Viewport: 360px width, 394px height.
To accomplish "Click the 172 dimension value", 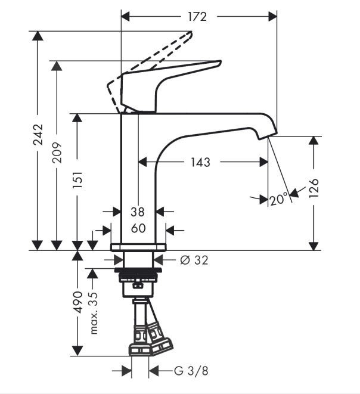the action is [197, 17].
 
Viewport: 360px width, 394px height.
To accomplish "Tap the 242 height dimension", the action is [38, 135].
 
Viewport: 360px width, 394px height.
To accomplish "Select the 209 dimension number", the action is [57, 152].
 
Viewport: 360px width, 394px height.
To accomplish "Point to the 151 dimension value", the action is [77, 180].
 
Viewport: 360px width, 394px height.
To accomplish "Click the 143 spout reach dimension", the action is [200, 162].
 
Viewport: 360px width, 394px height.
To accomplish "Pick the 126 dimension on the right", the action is [314, 188].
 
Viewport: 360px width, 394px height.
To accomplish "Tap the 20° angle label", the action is [278, 200].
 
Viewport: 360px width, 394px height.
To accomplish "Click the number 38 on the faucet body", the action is [138, 212].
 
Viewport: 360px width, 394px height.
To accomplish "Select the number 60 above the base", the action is [138, 228].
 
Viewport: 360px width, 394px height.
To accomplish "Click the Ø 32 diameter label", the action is [194, 260].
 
